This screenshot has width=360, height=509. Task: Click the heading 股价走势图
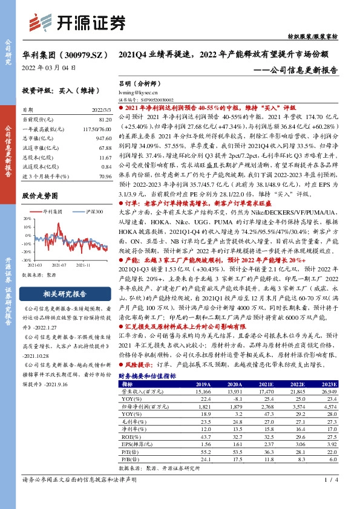click(39, 196)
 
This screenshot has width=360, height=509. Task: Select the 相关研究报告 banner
click(64, 294)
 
